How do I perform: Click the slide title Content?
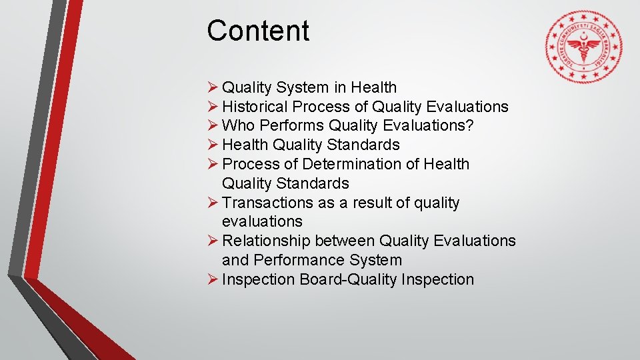[258, 31]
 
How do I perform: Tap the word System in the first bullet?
[302, 87]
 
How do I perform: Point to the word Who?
[238, 125]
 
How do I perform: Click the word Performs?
[291, 125]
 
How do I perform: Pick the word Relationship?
[266, 241]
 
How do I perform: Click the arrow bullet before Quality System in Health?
[212, 87]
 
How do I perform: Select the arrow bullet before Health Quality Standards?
[212, 145]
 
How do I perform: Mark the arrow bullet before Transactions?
[212, 203]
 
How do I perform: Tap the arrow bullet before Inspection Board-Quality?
[212, 279]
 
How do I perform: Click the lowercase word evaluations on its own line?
[262, 221]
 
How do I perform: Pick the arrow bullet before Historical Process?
[212, 107]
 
